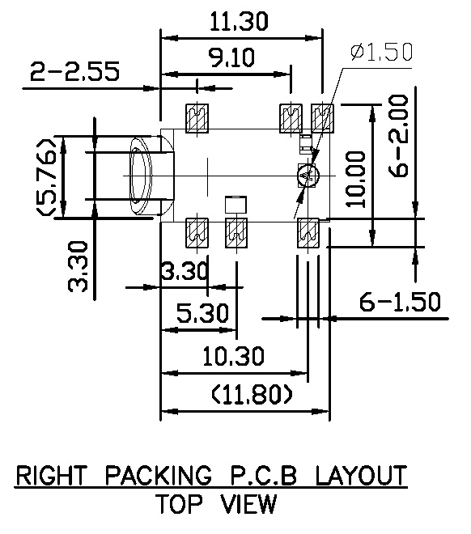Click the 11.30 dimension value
pos(239,21)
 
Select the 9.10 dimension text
pos(231,57)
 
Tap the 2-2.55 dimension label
pos(75,71)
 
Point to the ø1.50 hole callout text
pos(382,52)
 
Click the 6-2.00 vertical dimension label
pos(398,136)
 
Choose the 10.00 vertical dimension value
pos(355,179)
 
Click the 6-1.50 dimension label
pos(400,302)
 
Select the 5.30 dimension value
pos(203,313)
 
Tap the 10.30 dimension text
pos(233,356)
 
